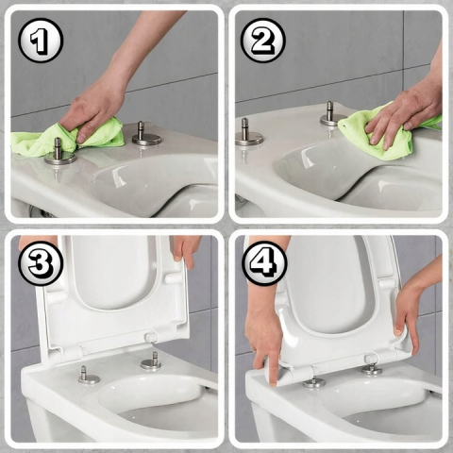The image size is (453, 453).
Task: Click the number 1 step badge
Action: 41,42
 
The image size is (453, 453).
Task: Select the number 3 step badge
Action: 41,265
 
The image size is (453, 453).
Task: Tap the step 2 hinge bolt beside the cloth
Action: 330,115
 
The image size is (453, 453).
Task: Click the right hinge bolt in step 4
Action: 372,366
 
